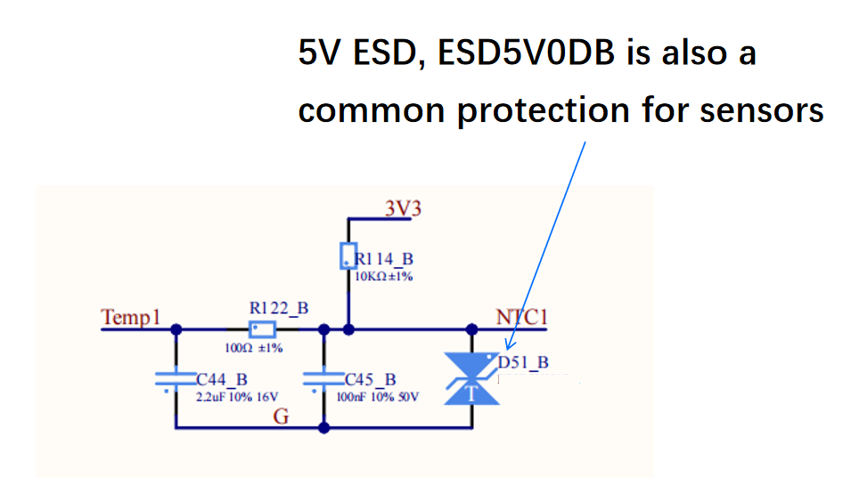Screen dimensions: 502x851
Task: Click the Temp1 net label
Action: (130, 318)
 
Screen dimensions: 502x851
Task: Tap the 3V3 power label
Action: (402, 208)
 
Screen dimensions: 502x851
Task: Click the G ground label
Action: (281, 417)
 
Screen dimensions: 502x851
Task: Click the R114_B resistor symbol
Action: (348, 255)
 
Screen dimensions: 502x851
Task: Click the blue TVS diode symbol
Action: (471, 379)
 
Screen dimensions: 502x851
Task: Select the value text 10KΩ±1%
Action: (384, 276)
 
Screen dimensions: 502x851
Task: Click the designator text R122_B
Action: (279, 308)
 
